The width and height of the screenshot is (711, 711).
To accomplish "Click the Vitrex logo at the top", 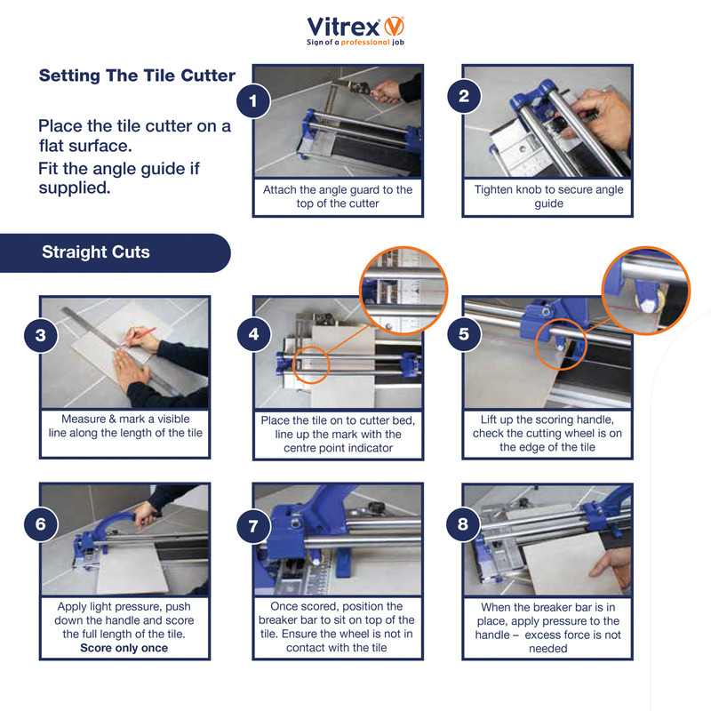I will tap(355, 28).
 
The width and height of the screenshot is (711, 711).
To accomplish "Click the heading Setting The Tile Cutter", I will tap(137, 76).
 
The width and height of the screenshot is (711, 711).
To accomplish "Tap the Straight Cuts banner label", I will tap(96, 252).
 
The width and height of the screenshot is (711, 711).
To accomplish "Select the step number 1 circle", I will tap(254, 102).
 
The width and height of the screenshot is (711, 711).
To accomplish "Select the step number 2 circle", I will tap(463, 97).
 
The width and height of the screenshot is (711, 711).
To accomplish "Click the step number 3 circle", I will tap(41, 336).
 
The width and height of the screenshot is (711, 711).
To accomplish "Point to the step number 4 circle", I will tap(254, 334).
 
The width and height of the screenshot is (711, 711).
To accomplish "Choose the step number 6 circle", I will tap(41, 523).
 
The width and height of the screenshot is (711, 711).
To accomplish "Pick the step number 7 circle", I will tap(254, 525).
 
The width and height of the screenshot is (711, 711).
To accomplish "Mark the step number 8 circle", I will tap(463, 523).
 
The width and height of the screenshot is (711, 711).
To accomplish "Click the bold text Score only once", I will tap(124, 648).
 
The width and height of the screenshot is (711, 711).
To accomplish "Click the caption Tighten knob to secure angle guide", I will tap(548, 196).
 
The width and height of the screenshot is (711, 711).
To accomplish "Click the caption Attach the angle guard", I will tap(338, 196).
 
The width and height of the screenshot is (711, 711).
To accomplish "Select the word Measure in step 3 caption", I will tap(84, 419).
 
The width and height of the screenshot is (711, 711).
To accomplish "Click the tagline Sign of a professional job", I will tap(355, 43).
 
